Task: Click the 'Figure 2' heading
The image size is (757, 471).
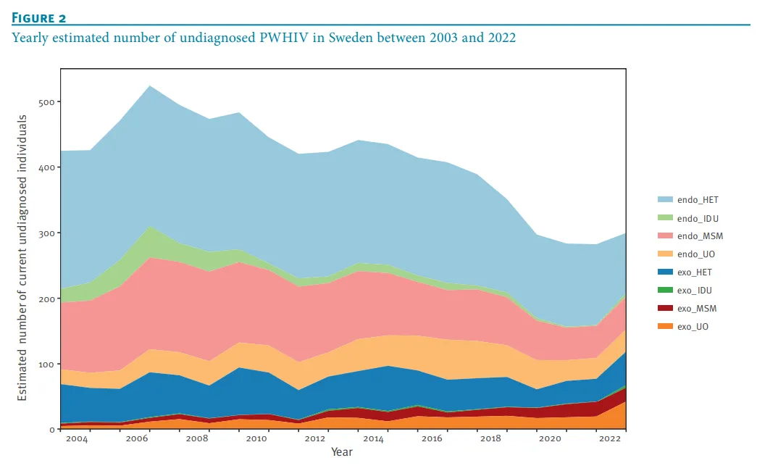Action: (38, 17)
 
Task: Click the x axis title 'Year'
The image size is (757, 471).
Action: (342, 452)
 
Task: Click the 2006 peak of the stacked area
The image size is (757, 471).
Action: (150, 86)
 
